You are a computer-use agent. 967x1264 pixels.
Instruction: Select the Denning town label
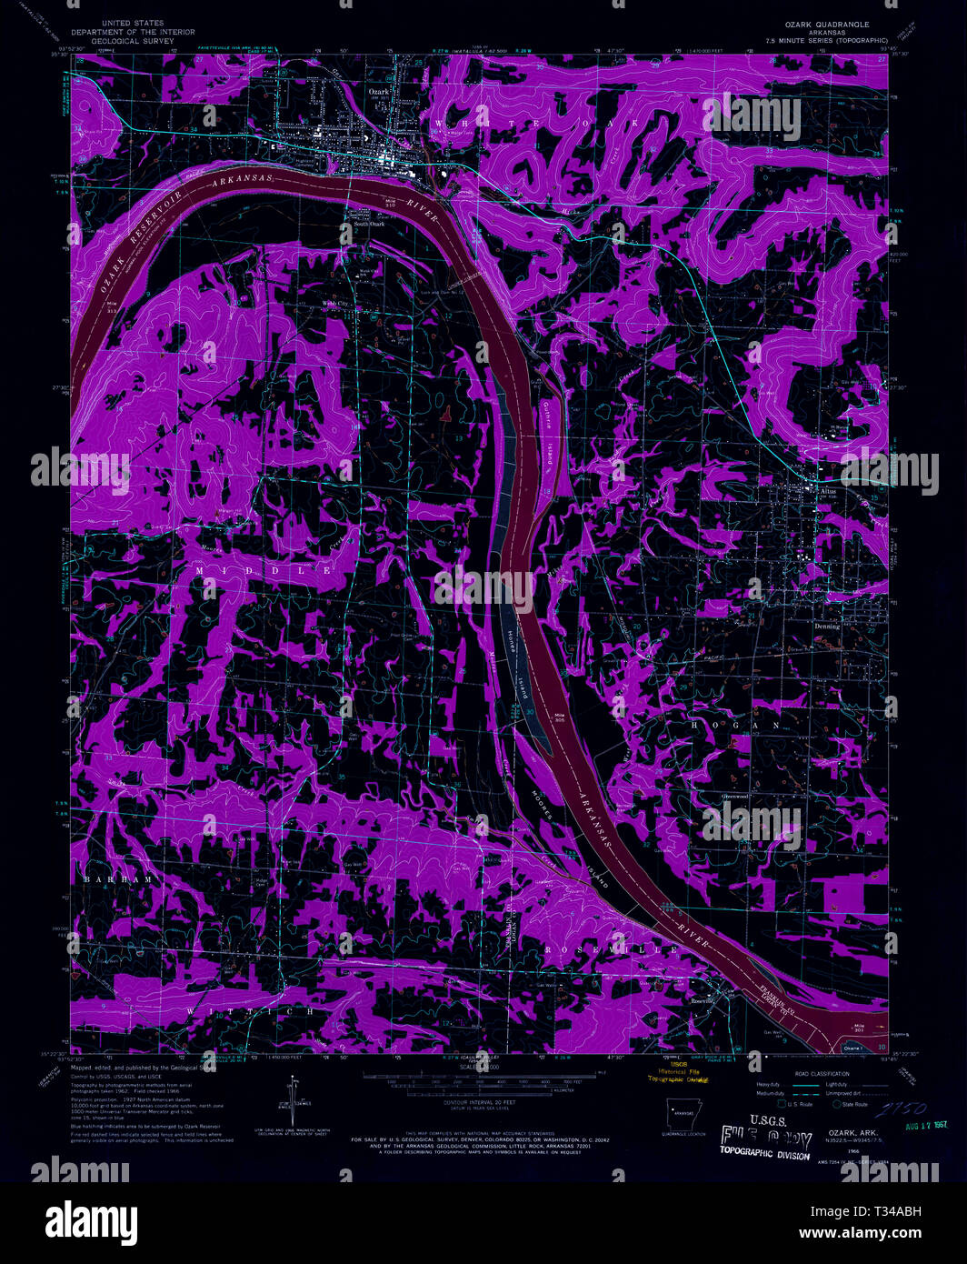pyautogui.click(x=827, y=627)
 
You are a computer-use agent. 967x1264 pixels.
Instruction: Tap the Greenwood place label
pyautogui.click(x=734, y=797)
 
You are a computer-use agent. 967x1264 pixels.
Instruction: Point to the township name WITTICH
pyautogui.click(x=250, y=1010)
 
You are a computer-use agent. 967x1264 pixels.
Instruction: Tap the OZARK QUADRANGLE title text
pyautogui.click(x=830, y=25)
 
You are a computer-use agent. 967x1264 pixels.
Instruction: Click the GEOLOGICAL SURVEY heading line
pyautogui.click(x=133, y=41)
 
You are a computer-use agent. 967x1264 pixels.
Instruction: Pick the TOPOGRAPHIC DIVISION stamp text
pyautogui.click(x=763, y=1153)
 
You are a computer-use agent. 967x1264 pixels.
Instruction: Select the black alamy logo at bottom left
pyautogui.click(x=91, y=1219)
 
